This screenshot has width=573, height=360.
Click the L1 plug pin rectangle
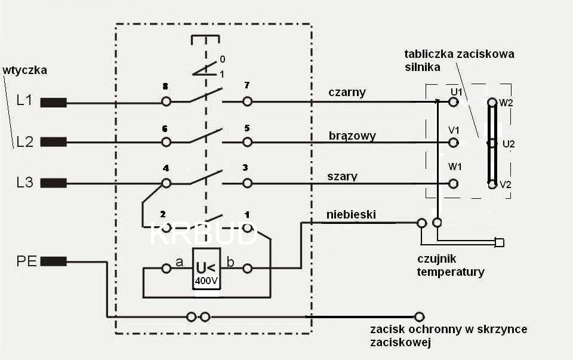coord(53,102)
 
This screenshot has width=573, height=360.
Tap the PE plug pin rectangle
coord(53,261)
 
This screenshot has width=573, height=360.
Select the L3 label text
coord(24,183)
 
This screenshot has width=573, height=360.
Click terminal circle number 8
coord(167,102)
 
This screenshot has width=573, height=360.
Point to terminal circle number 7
coord(247,102)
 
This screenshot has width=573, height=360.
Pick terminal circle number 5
coord(247,142)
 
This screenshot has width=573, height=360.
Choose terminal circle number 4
coord(167,183)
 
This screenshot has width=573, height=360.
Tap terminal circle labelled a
coord(167,269)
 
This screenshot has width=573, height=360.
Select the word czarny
coord(347,93)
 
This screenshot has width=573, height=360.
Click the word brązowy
coord(352,136)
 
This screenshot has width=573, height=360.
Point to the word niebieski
coord(351,214)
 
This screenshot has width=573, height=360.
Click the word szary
coord(343,176)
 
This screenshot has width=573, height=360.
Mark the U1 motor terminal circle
coord(454,102)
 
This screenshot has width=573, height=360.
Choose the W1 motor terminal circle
coord(454,183)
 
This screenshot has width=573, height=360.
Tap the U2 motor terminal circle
coord(492,143)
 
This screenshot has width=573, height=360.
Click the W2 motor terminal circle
coord(492,102)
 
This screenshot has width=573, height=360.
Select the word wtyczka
coord(24,70)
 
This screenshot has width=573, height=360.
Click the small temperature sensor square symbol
coord(500,243)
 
